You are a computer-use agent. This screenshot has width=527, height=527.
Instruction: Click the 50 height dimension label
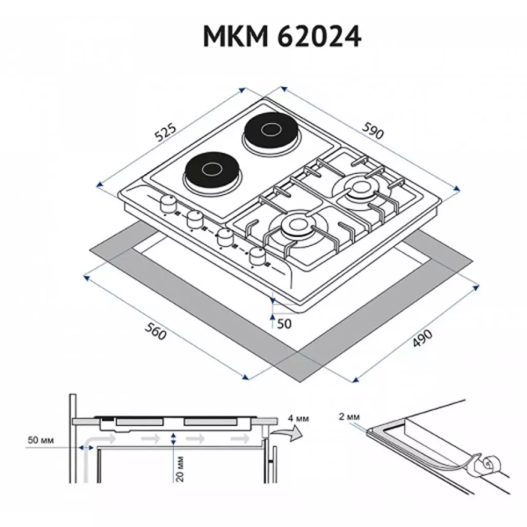pyautogui.click(x=284, y=324)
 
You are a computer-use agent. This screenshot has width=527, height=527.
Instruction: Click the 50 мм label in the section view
pyautogui.click(x=40, y=440)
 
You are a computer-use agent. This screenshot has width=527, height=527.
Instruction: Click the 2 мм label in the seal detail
pyautogui.click(x=350, y=416)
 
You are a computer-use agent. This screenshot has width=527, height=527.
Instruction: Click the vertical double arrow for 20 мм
pyautogui.click(x=173, y=439)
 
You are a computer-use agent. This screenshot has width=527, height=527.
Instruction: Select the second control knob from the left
pyautogui.click(x=194, y=220)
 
